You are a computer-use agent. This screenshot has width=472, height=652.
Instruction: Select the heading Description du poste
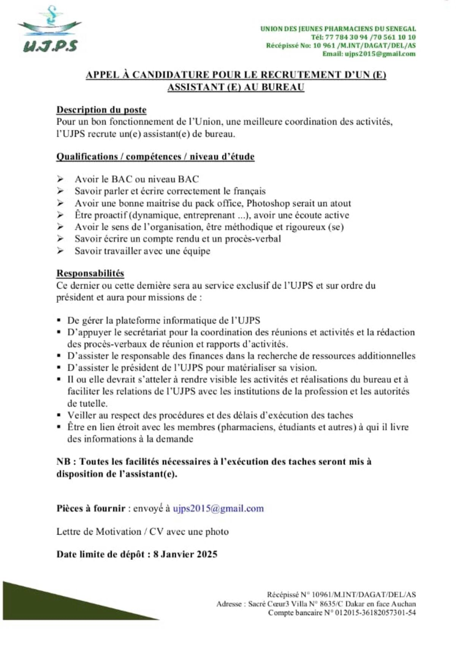[101, 110]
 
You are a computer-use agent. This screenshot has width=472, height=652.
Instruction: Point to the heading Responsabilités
[90, 273]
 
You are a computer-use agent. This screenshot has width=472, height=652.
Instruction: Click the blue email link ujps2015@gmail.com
[218, 508]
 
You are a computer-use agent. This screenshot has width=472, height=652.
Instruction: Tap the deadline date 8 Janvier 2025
[185, 554]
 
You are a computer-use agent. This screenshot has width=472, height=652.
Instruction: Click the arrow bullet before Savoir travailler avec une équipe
[60, 251]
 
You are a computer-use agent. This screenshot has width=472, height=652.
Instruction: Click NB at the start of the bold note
[63, 462]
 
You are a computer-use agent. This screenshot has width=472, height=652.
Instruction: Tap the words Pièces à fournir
[91, 508]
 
